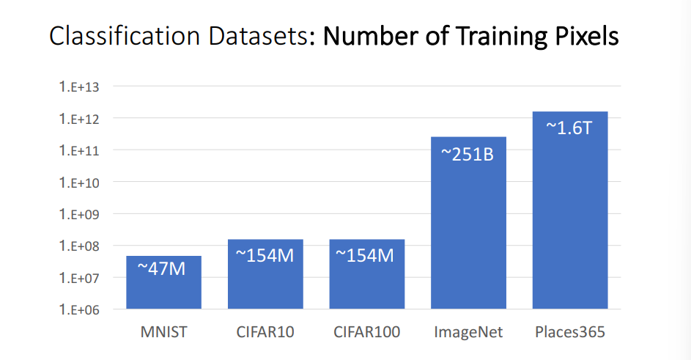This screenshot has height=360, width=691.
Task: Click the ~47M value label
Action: click(163, 268)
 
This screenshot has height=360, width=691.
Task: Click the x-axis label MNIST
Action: click(163, 332)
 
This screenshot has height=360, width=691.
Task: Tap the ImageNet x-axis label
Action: click(468, 332)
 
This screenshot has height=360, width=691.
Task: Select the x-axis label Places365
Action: click(569, 332)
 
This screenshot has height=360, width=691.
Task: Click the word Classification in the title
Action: click(118, 37)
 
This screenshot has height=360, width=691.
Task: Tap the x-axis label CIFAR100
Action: click(367, 332)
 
